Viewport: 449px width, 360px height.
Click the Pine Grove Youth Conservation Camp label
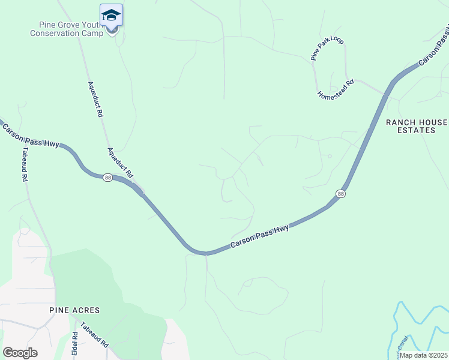coord(67,29)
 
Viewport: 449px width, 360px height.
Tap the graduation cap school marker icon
coord(111,14)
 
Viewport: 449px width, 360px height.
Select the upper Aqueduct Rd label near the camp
coord(95,98)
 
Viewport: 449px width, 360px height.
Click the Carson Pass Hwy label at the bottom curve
coord(260,238)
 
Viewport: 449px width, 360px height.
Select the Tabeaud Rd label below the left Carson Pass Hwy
coord(25,164)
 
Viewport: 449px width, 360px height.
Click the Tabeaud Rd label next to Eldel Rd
coord(96,338)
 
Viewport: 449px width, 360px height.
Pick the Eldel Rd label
coord(75,344)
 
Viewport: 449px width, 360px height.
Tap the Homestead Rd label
coord(336,88)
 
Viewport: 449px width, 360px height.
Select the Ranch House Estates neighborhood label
coord(417,126)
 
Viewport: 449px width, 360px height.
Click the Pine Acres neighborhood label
coord(74,310)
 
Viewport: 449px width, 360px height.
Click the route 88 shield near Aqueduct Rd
coord(107,178)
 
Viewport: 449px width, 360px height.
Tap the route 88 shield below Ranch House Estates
coord(341,194)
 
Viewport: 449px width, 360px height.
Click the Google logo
coord(20,353)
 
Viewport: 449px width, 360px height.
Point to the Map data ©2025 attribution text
coord(424,355)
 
